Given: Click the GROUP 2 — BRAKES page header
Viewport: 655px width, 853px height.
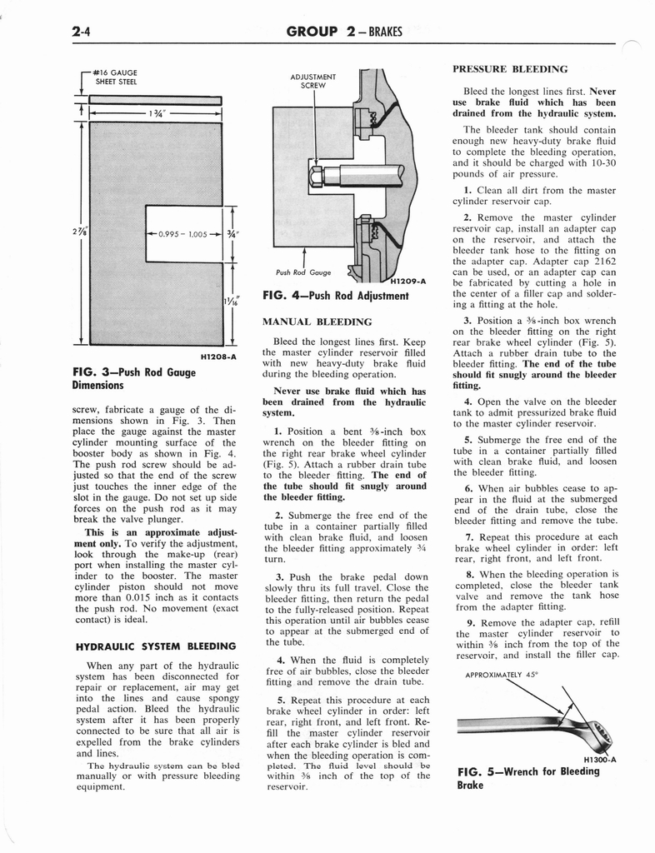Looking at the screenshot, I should [x=344, y=32].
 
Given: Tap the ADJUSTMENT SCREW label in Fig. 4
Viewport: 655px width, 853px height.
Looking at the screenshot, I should [x=312, y=82].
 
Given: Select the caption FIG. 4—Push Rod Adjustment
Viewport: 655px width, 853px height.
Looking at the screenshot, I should [x=335, y=296].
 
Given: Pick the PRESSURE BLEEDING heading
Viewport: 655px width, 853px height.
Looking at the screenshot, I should [x=510, y=69].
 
